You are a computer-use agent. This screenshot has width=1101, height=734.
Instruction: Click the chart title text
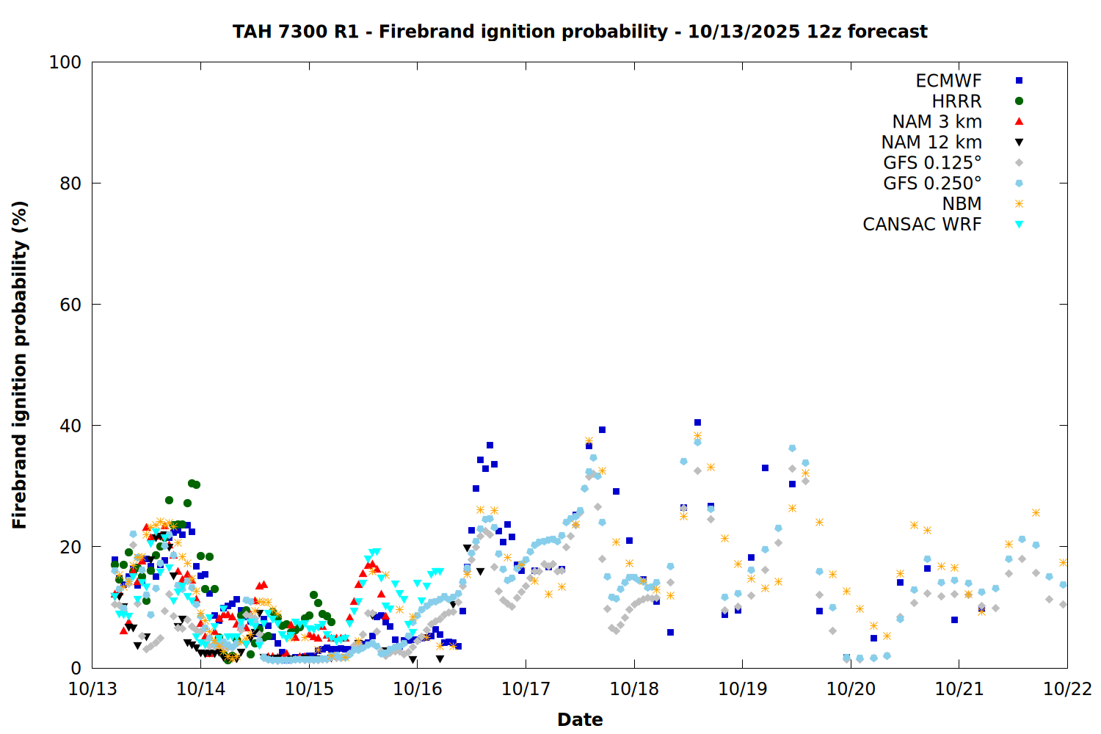580,32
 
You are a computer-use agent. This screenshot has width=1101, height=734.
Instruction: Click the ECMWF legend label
948,81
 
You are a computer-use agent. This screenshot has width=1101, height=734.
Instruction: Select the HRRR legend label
956,101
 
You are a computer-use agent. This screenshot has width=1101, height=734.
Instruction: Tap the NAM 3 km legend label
937,122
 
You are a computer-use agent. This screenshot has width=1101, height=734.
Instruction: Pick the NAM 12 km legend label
931,142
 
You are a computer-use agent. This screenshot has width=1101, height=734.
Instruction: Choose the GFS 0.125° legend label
932,163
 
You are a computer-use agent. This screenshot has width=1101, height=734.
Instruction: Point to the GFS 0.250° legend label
932,183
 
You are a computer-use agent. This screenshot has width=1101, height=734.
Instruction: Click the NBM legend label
962,204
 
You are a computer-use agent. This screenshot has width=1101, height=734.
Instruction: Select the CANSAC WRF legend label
922,225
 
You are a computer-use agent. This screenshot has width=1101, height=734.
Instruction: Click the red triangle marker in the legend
1019,122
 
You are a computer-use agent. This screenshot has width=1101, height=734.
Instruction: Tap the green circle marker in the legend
1019,101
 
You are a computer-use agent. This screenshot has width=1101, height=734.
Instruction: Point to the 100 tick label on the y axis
65,62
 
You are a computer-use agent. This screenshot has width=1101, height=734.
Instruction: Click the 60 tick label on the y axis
70,305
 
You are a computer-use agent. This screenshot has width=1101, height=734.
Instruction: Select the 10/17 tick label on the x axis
526,689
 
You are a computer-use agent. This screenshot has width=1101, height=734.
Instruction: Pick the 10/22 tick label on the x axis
1067,689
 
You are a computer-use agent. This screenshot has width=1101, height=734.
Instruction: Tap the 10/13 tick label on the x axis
92,689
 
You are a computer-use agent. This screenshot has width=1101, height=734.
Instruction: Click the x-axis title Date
580,719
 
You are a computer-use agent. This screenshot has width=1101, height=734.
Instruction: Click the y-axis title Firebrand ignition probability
20,365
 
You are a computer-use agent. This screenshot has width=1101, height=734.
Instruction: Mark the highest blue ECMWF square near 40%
697,423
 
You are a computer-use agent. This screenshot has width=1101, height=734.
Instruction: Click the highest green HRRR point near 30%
192,483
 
